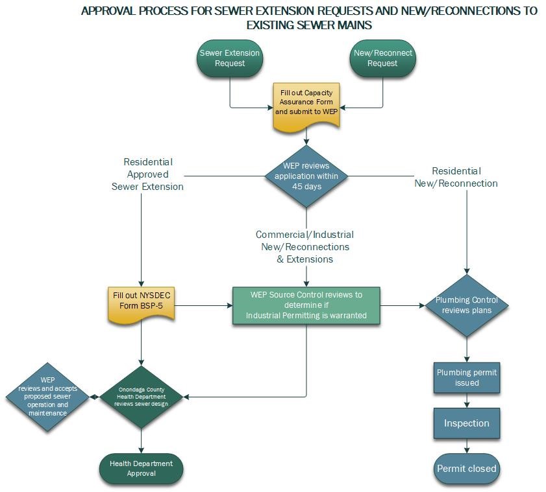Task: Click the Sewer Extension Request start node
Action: click(x=230, y=58)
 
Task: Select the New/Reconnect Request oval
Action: click(x=382, y=58)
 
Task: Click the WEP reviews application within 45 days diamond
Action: click(x=306, y=176)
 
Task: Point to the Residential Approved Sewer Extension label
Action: click(x=148, y=174)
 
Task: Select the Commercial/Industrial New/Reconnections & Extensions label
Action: click(x=305, y=246)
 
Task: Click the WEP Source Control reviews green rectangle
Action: click(x=306, y=305)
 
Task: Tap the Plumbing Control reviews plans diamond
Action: click(x=467, y=305)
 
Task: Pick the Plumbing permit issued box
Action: click(x=467, y=377)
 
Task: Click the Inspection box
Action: click(x=467, y=423)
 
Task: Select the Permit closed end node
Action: click(x=467, y=469)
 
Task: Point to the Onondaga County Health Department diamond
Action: click(x=142, y=395)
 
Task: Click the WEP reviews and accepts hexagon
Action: click(x=47, y=395)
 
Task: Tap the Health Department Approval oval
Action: click(x=142, y=469)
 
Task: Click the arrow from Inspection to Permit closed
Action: click(x=467, y=446)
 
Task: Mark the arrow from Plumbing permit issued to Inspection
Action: click(x=467, y=401)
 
